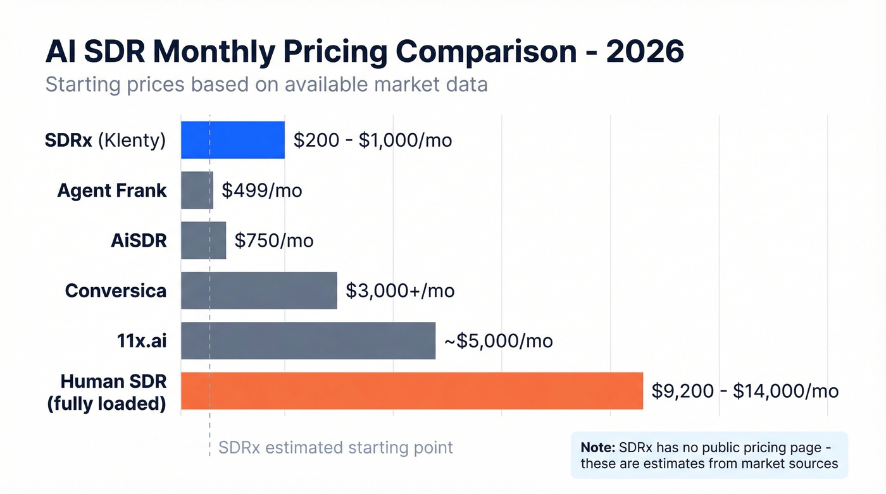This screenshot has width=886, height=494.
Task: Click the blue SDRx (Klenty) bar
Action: [233, 140]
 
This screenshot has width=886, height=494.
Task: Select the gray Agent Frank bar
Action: [197, 190]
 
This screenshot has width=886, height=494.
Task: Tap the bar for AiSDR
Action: [203, 240]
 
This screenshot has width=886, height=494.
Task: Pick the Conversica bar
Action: [259, 290]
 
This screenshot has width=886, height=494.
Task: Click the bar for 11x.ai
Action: [308, 341]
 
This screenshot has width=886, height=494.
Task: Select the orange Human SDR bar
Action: [412, 391]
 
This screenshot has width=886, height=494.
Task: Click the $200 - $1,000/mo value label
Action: [373, 140]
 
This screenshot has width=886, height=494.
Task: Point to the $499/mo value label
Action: [262, 190]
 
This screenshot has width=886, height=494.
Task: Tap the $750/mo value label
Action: [274, 240]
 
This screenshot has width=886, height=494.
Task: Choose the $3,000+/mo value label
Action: [400, 290]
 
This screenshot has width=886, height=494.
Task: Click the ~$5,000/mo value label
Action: [498, 341]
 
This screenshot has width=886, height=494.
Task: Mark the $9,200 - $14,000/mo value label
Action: [745, 391]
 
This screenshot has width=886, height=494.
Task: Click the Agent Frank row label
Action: [112, 190]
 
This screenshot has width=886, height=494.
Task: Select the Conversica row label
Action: [116, 290]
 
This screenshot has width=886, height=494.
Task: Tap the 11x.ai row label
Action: [137, 341]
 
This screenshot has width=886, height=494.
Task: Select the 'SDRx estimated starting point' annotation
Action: [335, 448]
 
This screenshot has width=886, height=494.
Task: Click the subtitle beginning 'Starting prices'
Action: [266, 84]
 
